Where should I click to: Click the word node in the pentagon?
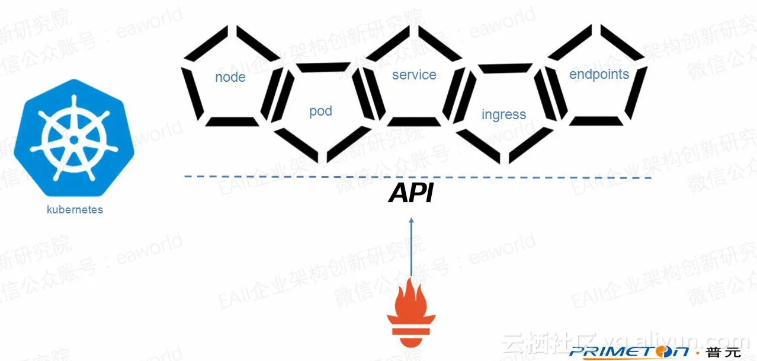(x=230, y=78)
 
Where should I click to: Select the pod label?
(x=320, y=111)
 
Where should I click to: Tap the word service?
(x=414, y=75)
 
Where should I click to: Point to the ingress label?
(x=503, y=114)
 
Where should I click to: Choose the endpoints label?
(x=599, y=74)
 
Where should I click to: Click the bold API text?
(x=411, y=194)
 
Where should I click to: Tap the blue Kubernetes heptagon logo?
(x=74, y=138)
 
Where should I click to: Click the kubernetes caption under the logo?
(x=75, y=210)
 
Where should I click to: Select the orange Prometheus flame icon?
(x=411, y=309)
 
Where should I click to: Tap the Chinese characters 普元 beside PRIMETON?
(x=724, y=352)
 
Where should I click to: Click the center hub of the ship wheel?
(x=74, y=139)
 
